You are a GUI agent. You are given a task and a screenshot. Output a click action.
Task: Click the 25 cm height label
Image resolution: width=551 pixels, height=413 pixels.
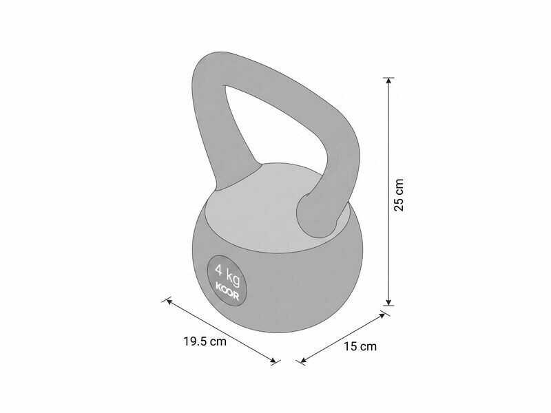(399, 195)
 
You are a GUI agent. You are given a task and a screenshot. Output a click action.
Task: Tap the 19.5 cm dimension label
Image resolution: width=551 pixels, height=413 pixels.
(205, 341)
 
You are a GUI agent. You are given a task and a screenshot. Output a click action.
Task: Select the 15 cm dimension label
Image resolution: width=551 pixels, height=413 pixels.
(360, 346)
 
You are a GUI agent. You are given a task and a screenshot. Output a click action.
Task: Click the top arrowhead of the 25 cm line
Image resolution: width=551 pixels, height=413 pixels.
(388, 81)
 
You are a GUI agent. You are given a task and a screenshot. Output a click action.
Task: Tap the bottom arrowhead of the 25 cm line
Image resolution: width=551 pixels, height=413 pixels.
(388, 302)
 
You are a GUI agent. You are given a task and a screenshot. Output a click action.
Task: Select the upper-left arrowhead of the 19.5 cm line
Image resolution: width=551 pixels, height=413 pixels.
(169, 301)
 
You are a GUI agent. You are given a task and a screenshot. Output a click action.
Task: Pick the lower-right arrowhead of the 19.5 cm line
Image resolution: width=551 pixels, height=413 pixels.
(273, 359)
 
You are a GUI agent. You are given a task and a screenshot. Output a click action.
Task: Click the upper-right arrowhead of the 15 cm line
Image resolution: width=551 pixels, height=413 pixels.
(382, 315)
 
